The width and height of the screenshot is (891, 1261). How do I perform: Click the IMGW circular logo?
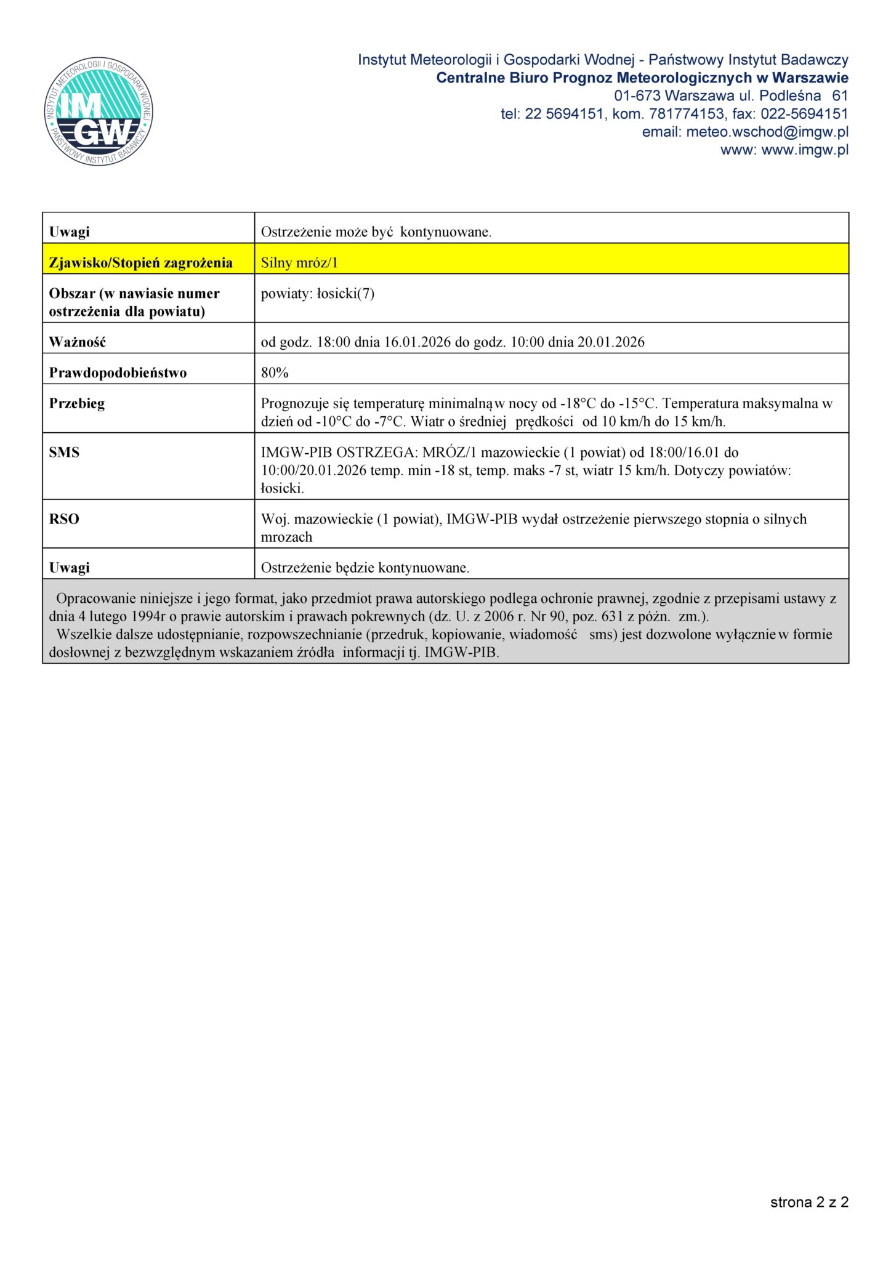(x=99, y=111)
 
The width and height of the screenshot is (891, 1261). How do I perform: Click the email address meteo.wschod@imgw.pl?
(x=767, y=132)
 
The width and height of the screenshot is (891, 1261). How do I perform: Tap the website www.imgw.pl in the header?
(x=805, y=150)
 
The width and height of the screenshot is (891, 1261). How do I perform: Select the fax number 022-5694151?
(x=804, y=114)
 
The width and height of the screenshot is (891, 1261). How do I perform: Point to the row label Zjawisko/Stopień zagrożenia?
(x=140, y=263)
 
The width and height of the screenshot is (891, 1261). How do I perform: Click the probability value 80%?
(x=275, y=373)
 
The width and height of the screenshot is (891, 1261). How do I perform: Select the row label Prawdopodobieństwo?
(x=118, y=373)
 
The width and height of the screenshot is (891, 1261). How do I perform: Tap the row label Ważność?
(x=77, y=342)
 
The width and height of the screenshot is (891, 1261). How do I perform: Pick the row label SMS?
(x=64, y=453)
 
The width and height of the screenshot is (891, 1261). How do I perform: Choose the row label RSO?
(x=64, y=519)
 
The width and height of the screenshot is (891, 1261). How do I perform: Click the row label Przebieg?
(x=77, y=404)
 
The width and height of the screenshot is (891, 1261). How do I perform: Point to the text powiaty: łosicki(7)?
(x=317, y=294)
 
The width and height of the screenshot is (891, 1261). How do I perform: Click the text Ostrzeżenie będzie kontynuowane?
(x=365, y=568)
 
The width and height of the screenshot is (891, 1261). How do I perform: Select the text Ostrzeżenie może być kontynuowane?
(x=376, y=232)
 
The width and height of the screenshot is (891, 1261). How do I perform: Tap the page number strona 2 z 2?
(x=809, y=1202)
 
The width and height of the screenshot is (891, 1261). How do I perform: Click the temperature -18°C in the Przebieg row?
(x=578, y=404)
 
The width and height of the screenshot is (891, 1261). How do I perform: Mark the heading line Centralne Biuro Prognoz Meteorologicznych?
(x=642, y=78)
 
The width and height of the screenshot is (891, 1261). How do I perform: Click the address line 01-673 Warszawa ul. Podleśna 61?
(x=730, y=96)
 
